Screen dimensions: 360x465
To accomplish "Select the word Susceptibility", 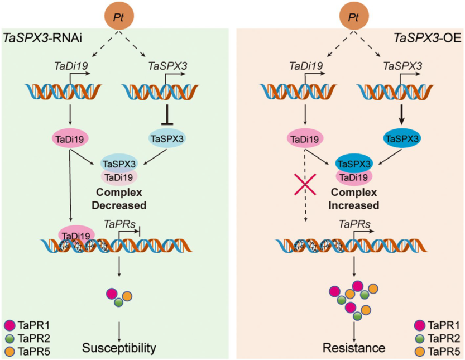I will coord(119,348).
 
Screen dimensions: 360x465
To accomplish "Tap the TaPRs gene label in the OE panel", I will coord(354,224).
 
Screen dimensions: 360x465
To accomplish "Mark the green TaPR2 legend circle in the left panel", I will coord(9,338).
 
